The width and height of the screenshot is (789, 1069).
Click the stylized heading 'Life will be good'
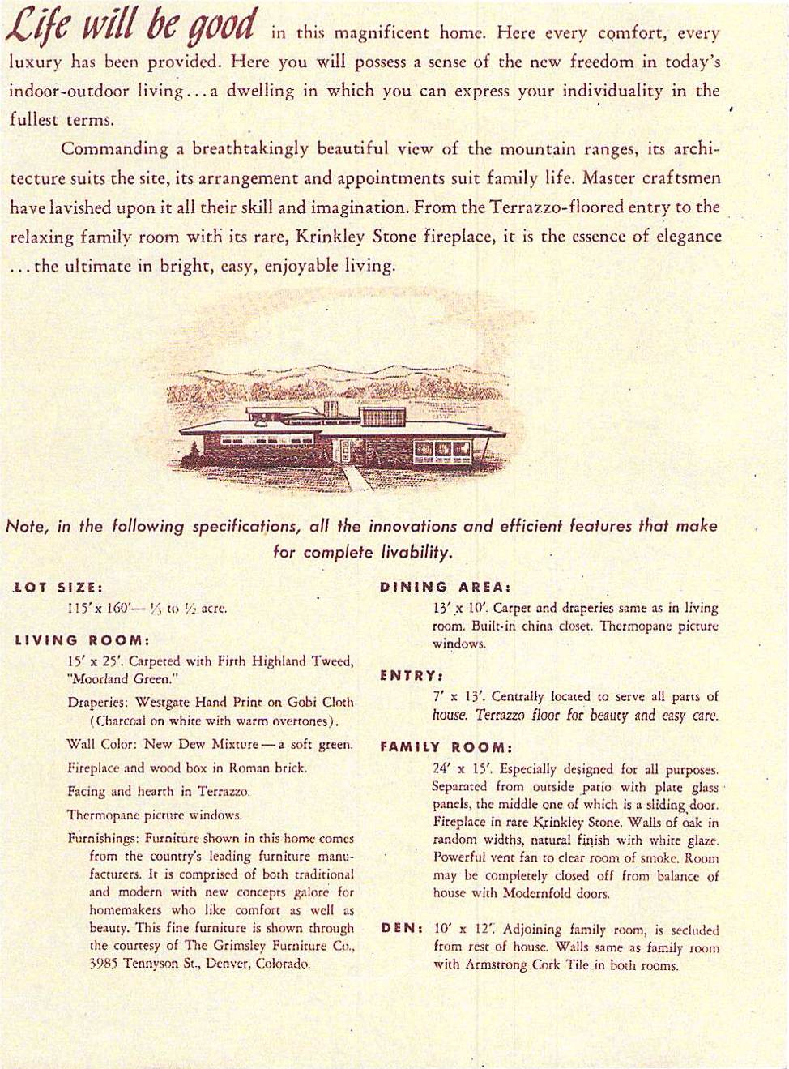pyautogui.click(x=131, y=27)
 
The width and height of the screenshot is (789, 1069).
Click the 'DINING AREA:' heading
pyautogui.click(x=445, y=587)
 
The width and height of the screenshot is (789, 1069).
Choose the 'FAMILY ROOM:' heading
pyautogui.click(x=446, y=747)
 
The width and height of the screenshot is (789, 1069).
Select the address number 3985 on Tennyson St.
pyautogui.click(x=104, y=964)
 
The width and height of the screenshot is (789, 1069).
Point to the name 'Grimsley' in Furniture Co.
pyautogui.click(x=243, y=946)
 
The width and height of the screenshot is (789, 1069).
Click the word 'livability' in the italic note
pyautogui.click(x=415, y=553)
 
